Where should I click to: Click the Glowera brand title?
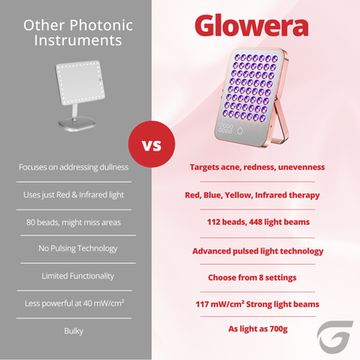(x=251, y=26)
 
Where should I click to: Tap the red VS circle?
(x=150, y=144)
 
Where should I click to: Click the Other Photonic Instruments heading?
(x=74, y=31)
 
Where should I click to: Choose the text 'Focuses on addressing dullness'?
(x=74, y=166)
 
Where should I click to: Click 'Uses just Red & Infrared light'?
(x=74, y=195)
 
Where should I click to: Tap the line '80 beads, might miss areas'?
(x=74, y=222)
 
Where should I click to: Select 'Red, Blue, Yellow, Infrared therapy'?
(x=253, y=195)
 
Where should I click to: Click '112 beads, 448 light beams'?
(x=253, y=222)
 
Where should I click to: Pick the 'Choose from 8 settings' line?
(x=253, y=277)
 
